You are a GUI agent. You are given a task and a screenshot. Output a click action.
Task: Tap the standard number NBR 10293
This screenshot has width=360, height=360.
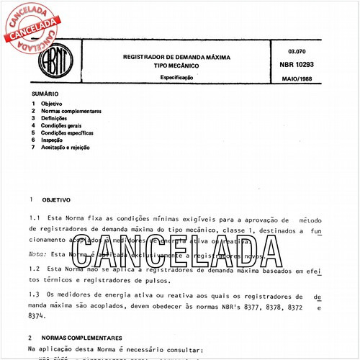[x=297, y=65]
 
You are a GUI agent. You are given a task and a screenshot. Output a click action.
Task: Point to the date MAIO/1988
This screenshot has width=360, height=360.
[x=297, y=78]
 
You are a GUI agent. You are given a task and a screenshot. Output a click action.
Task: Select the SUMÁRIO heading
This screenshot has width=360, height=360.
[x=45, y=95]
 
